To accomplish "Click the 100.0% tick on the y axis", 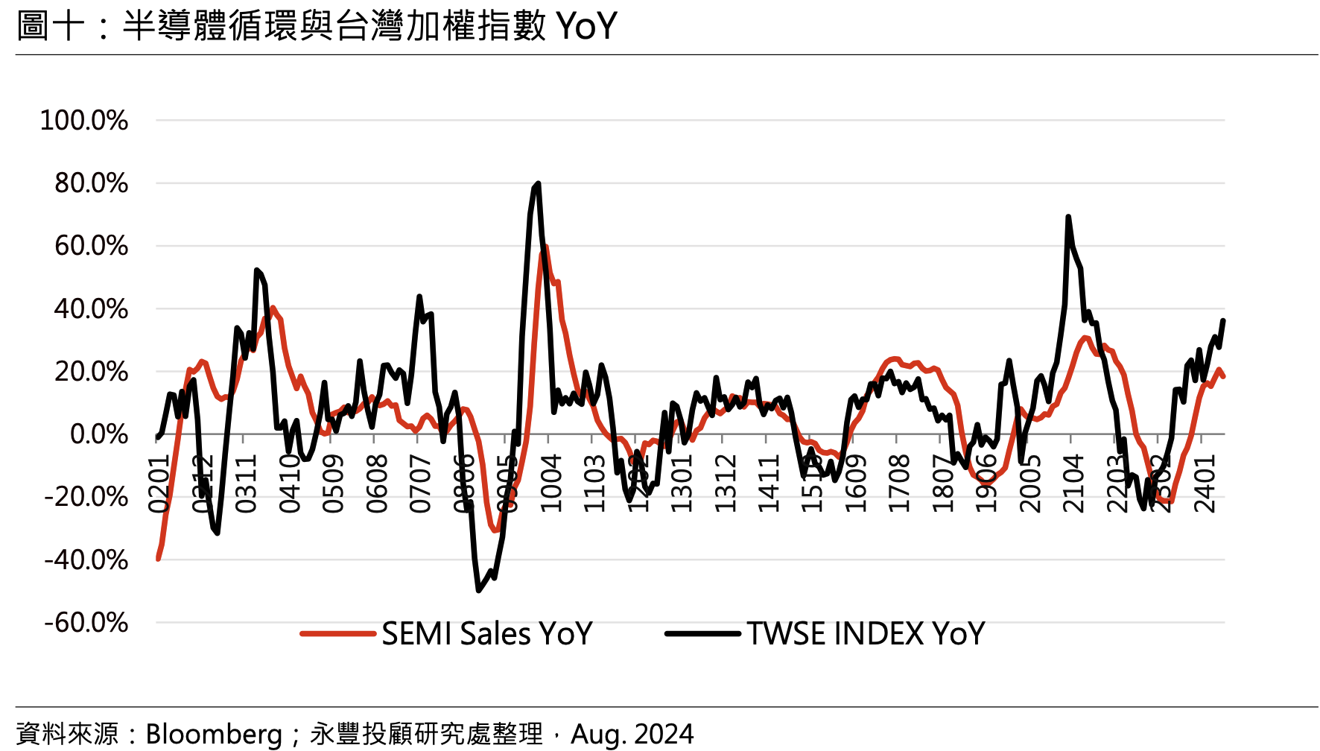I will tap(83, 121).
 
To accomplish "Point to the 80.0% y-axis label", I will tap(91, 183).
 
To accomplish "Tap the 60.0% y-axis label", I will tap(91, 246).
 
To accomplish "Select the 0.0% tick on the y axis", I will tap(98, 434).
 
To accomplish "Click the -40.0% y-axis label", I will tap(86, 560).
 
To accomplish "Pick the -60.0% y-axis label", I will tap(86, 622).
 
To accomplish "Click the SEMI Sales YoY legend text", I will tap(487, 634).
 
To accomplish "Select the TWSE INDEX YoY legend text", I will tap(866, 634).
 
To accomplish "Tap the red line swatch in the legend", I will tap(337, 634).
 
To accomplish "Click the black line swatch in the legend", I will tap(702, 634).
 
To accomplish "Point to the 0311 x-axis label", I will tap(246, 484).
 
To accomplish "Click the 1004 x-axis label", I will tap(550, 484).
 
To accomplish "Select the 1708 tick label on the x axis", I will tap(899, 484).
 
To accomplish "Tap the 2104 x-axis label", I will tap(1073, 484).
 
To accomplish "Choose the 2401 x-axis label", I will tap(1205, 484).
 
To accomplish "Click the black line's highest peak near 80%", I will tap(538, 183).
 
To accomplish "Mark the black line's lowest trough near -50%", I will tap(478, 590).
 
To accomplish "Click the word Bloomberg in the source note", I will tap(214, 734).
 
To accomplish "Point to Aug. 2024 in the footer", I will tap(632, 734).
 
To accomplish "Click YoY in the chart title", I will tap(586, 26).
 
